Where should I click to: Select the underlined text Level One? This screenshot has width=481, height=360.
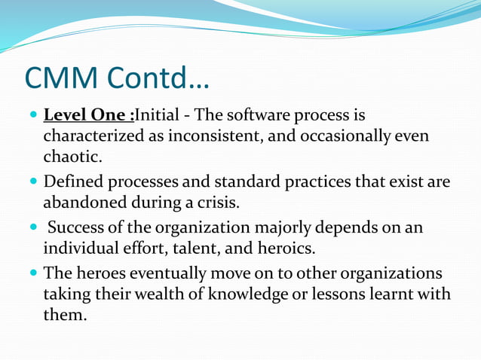coord(86,117)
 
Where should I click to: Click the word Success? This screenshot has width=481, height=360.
coord(78,228)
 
